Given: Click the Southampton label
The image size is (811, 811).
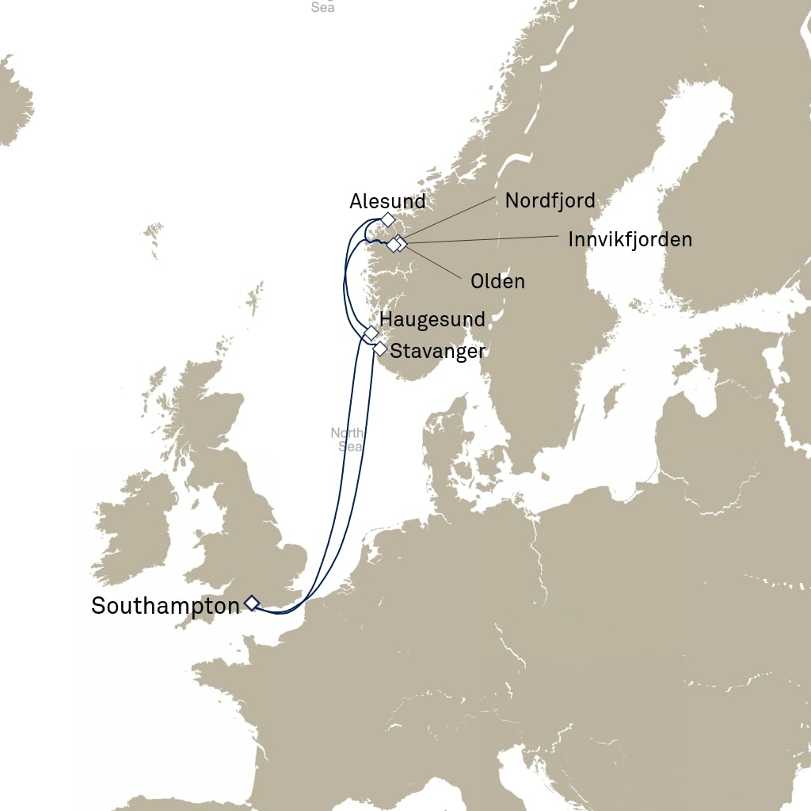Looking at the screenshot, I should tap(165, 607).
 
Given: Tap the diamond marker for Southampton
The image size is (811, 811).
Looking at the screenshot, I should tap(251, 603).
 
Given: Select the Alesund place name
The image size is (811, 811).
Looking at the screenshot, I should tap(387, 201).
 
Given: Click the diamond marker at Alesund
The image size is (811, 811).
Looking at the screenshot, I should tap(387, 219).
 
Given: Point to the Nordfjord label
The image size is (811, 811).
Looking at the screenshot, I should tap(550, 200).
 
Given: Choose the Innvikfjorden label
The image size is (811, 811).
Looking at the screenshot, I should tap(630, 239).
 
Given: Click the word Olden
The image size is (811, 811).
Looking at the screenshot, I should tap(497, 281).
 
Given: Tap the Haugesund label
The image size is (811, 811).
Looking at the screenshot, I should tap(432, 319).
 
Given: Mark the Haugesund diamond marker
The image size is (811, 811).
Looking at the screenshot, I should tap(371, 333).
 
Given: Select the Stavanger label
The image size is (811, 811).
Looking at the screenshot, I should tap(438, 350).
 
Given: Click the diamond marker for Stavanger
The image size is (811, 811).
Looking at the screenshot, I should tap(380, 348).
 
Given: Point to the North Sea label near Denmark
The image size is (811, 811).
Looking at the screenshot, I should tap(347, 440).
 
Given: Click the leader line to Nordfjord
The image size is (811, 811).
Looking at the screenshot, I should tap(451, 218).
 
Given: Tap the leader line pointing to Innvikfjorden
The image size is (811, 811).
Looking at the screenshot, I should tap(483, 240).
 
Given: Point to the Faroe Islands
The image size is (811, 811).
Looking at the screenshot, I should tap(152, 234).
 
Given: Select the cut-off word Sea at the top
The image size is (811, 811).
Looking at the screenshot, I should tap(322, 7).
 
